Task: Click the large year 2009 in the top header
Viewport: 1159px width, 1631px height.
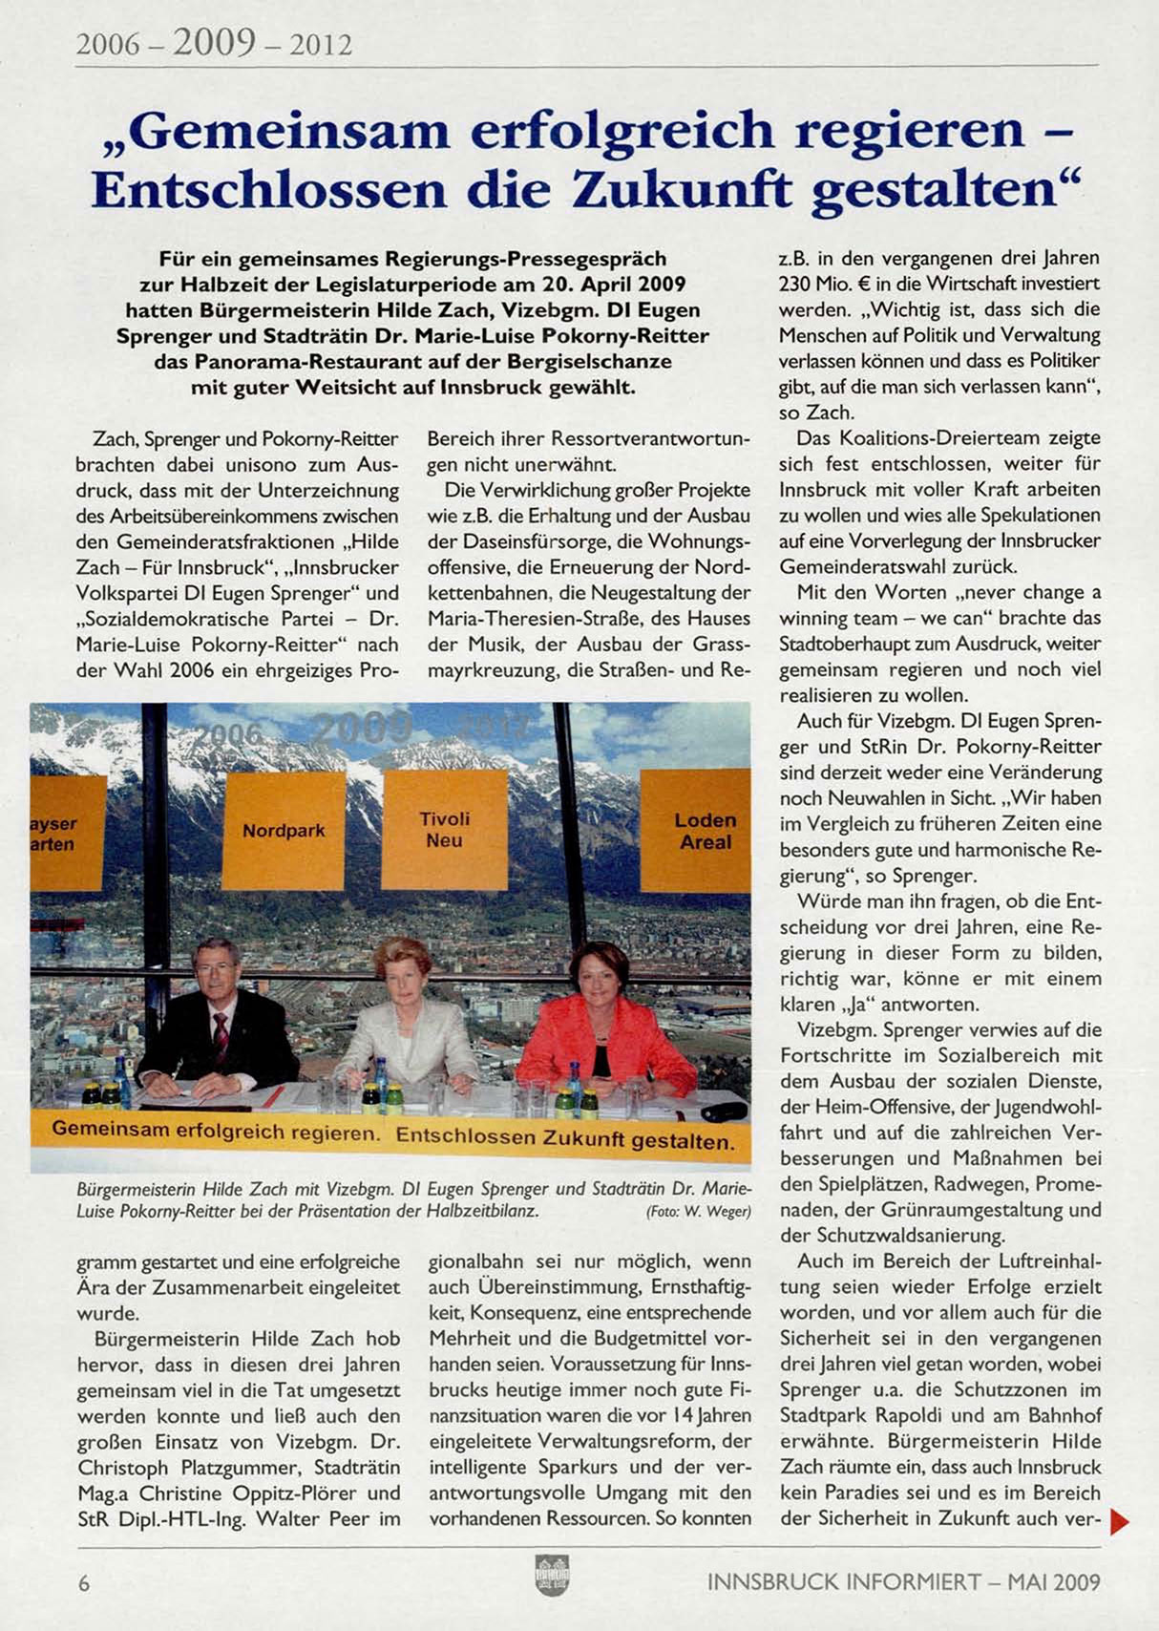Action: pos(214,41)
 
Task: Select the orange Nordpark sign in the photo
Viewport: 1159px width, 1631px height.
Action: pos(284,831)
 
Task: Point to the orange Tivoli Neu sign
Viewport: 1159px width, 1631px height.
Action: pos(444,829)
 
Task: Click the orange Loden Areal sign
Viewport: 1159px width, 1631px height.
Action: pos(705,831)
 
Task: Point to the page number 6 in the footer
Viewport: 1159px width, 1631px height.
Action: pos(84,1582)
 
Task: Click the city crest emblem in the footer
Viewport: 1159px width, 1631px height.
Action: pos(553,1575)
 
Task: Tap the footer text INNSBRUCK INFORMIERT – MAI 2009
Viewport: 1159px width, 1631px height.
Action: pos(903,1582)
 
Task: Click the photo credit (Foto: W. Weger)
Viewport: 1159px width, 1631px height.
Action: pos(698,1212)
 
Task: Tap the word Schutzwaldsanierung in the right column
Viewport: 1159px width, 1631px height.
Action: pos(892,1236)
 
